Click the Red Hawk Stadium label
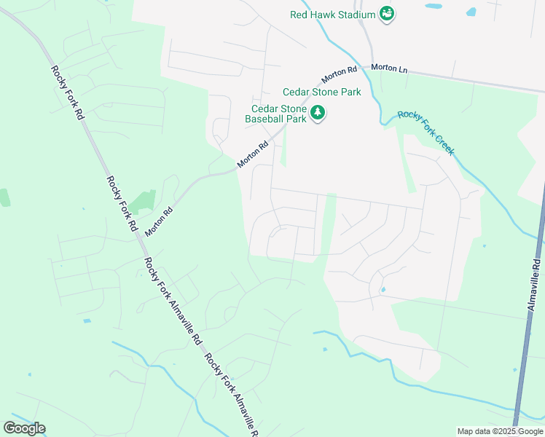tap(332, 14)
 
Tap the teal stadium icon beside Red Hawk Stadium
tap(387, 14)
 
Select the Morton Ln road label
tap(389, 68)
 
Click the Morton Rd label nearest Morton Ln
tap(339, 74)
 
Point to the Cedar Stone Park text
tap(322, 92)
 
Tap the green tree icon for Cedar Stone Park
tap(318, 113)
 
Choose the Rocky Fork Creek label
tap(426, 133)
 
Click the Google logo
tap(24, 428)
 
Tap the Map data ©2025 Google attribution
tap(501, 432)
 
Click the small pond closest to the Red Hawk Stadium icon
tap(434, 7)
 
